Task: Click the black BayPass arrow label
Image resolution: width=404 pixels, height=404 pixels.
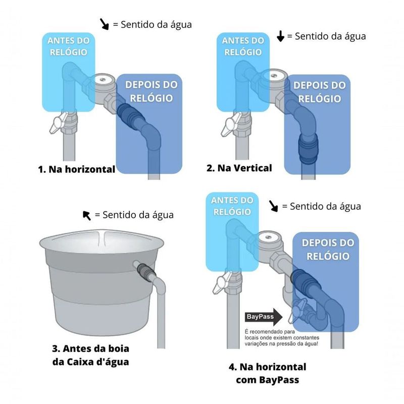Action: click(x=263, y=317)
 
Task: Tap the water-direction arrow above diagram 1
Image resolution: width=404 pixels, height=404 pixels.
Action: click(x=105, y=24)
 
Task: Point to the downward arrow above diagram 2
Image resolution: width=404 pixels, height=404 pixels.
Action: click(x=280, y=36)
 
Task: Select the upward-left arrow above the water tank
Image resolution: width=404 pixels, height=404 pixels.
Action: click(x=87, y=216)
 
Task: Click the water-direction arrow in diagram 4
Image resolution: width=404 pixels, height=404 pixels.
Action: click(x=273, y=206)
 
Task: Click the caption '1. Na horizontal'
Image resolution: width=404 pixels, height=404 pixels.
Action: click(x=77, y=169)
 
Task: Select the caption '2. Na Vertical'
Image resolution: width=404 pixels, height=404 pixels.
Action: click(x=239, y=168)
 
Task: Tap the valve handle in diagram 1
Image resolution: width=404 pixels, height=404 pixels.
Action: click(x=59, y=123)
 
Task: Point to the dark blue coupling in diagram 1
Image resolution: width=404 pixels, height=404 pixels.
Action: click(x=131, y=116)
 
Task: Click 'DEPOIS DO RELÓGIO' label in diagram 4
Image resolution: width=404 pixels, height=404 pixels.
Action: click(x=328, y=249)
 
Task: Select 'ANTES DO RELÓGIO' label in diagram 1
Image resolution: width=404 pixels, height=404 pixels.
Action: click(x=69, y=46)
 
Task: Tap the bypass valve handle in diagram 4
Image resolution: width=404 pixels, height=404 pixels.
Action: click(x=296, y=311)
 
